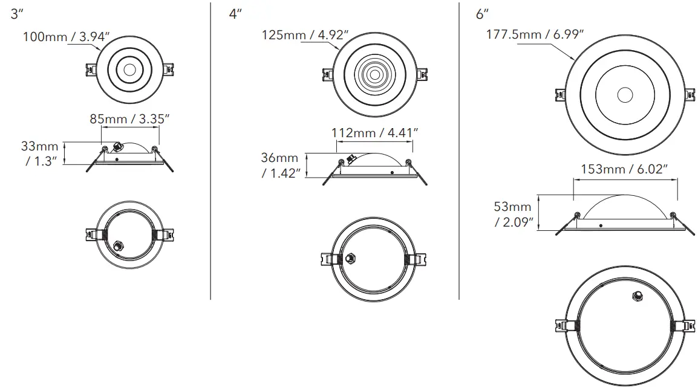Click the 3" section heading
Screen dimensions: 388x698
(16, 15)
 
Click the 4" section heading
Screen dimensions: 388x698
(235, 15)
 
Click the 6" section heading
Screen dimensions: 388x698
(483, 15)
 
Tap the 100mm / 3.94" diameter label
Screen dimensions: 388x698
(65, 37)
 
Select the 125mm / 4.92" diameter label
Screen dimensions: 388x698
(305, 34)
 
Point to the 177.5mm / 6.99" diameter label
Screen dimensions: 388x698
(535, 34)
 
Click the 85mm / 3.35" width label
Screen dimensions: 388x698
(129, 118)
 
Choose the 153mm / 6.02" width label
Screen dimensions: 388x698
(624, 169)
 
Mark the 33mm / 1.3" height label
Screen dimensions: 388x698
(40, 154)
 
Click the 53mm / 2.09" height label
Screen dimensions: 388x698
(514, 215)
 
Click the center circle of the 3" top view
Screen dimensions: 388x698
(128, 70)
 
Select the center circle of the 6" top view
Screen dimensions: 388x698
(625, 95)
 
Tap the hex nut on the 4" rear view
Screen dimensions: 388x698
(350, 257)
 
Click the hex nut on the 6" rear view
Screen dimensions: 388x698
(636, 296)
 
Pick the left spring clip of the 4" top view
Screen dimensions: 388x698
(326, 74)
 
